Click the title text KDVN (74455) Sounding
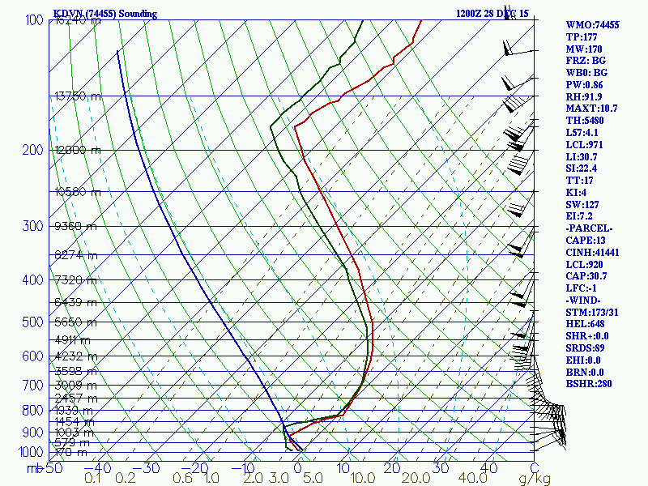[105, 14]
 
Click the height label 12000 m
[77, 151]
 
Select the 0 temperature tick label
[297, 467]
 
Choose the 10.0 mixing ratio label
[361, 479]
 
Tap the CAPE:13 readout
[586, 241]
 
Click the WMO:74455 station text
[593, 25]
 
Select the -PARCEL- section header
[590, 229]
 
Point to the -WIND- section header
[586, 301]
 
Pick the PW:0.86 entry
[586, 84]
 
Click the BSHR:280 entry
[589, 383]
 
